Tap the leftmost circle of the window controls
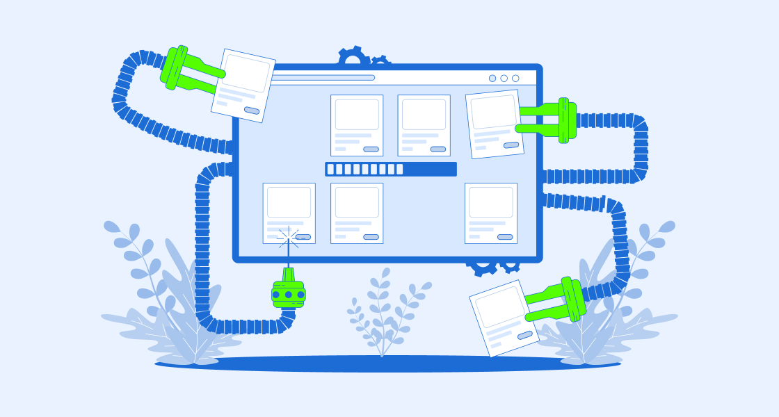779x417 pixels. click(492, 79)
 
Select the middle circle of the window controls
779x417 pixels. click(504, 79)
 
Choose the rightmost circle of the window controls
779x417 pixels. click(515, 79)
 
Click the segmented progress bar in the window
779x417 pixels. click(390, 169)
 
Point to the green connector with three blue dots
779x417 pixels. click(289, 293)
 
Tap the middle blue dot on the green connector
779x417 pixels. click(289, 295)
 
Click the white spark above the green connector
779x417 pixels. click(288, 238)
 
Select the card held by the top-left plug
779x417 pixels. click(243, 85)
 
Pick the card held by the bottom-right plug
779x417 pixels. click(504, 318)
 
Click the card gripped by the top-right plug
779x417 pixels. click(495, 123)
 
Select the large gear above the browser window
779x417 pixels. click(353, 57)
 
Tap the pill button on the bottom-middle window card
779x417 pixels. click(371, 237)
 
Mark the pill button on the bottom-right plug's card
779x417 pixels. click(525, 335)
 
